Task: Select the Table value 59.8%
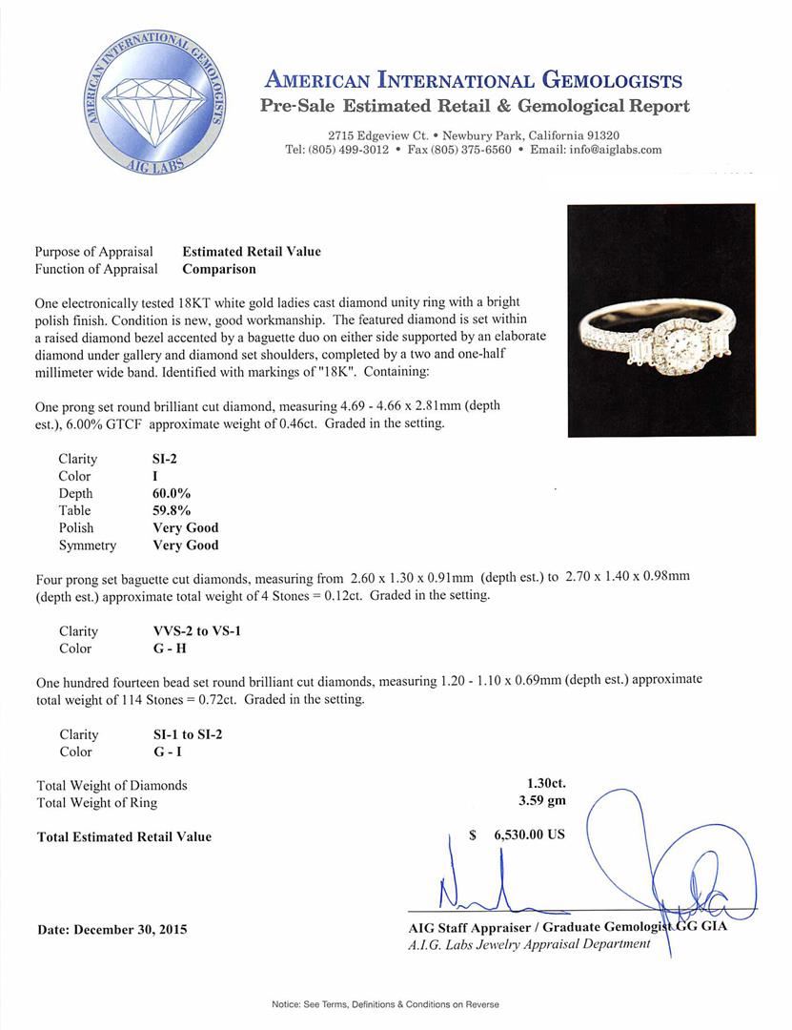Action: (x=172, y=510)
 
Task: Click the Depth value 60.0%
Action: (x=172, y=493)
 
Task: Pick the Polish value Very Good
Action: (x=185, y=527)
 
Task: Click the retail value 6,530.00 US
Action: (x=529, y=834)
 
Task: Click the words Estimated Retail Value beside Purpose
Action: (x=252, y=252)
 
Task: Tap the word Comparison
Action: (x=218, y=269)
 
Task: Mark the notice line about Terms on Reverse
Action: (x=385, y=1004)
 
